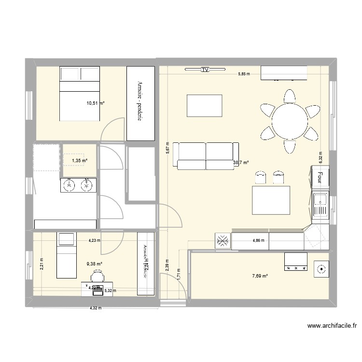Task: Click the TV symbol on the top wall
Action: (x=205, y=70)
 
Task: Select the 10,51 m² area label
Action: (x=96, y=102)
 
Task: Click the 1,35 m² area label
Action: (x=80, y=161)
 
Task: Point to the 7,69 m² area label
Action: (x=260, y=276)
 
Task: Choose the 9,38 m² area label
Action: (x=95, y=264)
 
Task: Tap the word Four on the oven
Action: (x=319, y=178)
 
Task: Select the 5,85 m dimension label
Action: (x=244, y=74)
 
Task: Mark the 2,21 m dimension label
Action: (x=42, y=263)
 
